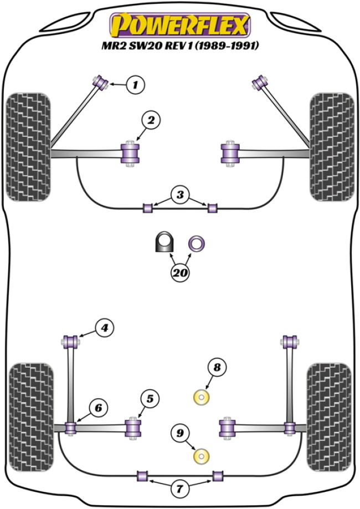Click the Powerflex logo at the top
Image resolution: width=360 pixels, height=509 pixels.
[x=179, y=24]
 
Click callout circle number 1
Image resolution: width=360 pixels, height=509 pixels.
[x=135, y=85]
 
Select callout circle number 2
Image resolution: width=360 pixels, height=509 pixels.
[x=151, y=119]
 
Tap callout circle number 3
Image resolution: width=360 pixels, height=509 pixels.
[x=179, y=195]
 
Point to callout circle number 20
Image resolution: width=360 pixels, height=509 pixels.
[x=180, y=272]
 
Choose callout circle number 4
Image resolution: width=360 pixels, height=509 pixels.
[x=104, y=328]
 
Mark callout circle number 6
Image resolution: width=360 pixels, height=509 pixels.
[x=97, y=408]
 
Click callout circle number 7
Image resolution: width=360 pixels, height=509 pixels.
[x=180, y=489]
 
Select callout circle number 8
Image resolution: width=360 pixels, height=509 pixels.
[x=217, y=367]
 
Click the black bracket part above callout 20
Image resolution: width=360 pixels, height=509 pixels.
[x=163, y=243]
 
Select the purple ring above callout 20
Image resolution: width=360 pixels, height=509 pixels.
[x=197, y=243]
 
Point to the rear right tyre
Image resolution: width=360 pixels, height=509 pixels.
[x=329, y=410]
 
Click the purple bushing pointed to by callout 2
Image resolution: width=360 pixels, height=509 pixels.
[x=131, y=153]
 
